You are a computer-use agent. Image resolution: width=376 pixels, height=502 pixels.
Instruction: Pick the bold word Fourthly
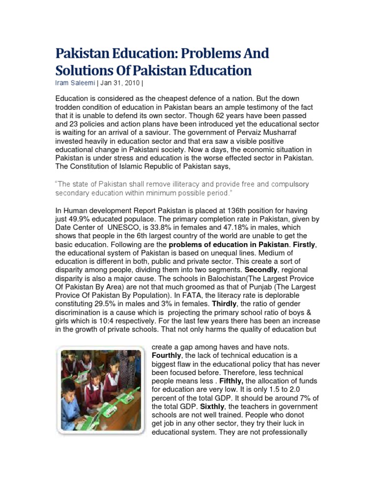pos(168,355)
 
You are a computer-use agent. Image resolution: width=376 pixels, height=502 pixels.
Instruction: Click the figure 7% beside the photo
pos(307,399)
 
